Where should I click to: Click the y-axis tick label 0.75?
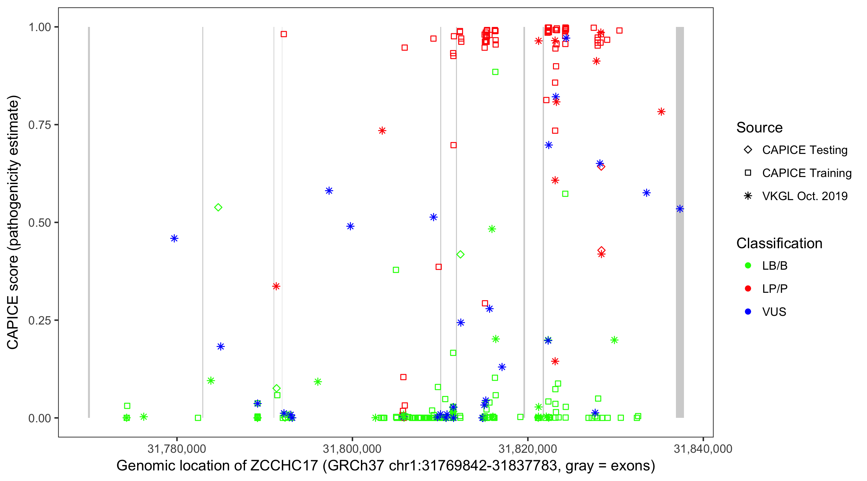point(39,125)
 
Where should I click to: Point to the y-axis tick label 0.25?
point(39,320)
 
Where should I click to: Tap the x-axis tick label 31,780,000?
point(177,449)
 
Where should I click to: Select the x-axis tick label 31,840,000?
point(703,449)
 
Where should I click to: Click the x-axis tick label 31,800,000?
point(352,449)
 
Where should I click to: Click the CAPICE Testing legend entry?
point(804,150)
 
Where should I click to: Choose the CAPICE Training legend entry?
point(806,173)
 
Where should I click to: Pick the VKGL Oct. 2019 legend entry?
point(804,196)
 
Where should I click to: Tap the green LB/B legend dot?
point(748,266)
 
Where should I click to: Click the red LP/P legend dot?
point(748,289)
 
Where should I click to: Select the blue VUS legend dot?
point(748,312)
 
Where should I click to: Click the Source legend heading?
point(759,128)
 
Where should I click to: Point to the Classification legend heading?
point(779,243)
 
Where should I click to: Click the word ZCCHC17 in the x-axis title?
point(284,466)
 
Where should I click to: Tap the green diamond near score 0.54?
point(218,207)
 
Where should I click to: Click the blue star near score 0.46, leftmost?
point(174,239)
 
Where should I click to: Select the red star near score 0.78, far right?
point(661,112)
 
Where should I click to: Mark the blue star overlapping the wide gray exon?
point(680,209)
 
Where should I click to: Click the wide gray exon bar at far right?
point(680,302)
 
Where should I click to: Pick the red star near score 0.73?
point(382,131)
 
